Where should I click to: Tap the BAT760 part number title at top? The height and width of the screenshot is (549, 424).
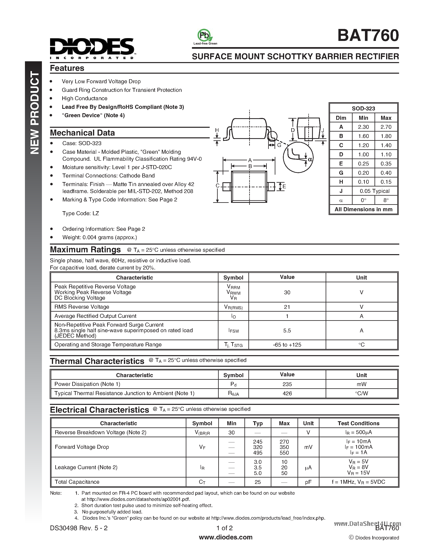(x=368, y=36)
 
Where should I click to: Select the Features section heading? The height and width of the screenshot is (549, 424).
(x=67, y=68)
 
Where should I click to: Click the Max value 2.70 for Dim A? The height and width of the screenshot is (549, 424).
(x=386, y=127)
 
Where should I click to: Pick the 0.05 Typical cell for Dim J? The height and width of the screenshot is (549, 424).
(x=374, y=191)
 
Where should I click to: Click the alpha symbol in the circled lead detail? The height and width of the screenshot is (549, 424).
(x=310, y=159)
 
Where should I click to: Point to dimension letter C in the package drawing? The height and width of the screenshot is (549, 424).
(x=217, y=186)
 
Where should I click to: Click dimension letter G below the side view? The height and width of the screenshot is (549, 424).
(x=279, y=145)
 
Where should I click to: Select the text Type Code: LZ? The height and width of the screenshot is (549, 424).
(x=80, y=213)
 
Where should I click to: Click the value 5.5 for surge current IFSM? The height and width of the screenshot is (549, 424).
(x=287, y=331)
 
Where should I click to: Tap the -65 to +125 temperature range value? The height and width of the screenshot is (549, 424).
(x=287, y=345)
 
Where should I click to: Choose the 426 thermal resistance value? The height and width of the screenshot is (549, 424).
(x=287, y=393)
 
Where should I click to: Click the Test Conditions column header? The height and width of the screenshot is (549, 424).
(x=358, y=423)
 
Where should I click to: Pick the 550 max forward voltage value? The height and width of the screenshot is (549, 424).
(x=284, y=453)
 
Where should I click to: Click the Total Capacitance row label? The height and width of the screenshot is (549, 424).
(x=77, y=482)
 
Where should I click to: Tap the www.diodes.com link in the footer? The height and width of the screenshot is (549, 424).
(x=225, y=537)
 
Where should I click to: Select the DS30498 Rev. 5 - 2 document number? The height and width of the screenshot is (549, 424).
(x=79, y=528)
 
